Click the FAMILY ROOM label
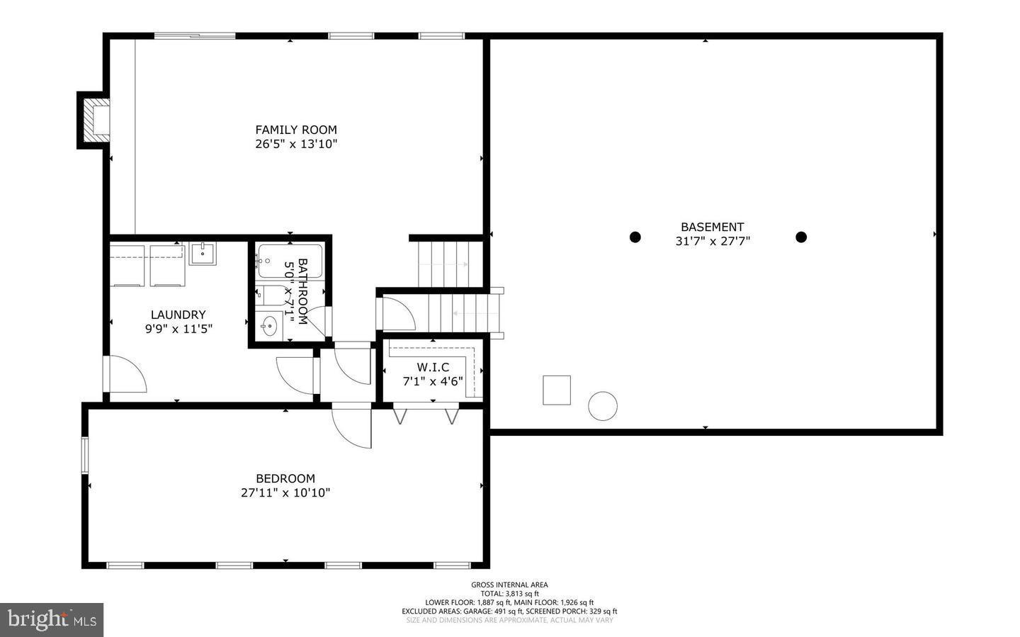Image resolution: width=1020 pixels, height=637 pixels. [296, 130]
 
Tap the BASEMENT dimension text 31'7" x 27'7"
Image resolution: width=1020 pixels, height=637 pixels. [713, 241]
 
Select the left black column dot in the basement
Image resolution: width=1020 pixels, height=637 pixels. [635, 237]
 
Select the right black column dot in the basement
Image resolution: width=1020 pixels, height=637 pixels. [801, 237]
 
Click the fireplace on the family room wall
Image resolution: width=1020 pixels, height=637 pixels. [95, 120]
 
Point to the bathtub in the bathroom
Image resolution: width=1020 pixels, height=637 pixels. [290, 261]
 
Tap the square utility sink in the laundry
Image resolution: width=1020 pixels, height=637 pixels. [203, 253]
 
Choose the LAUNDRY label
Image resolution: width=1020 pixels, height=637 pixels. [178, 315]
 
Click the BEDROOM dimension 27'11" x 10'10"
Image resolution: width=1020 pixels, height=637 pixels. [285, 492]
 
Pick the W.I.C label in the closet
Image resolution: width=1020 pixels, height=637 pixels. [433, 367]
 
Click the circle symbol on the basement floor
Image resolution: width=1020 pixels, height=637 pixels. [602, 406]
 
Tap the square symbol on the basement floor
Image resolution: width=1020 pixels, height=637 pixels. [557, 390]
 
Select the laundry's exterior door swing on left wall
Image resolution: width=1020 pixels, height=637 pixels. [125, 374]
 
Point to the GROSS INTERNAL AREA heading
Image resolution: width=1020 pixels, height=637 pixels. [509, 585]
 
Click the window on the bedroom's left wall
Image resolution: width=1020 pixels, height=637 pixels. [85, 455]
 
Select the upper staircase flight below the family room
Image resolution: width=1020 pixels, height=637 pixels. [449, 264]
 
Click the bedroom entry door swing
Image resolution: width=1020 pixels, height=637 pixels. [352, 426]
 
